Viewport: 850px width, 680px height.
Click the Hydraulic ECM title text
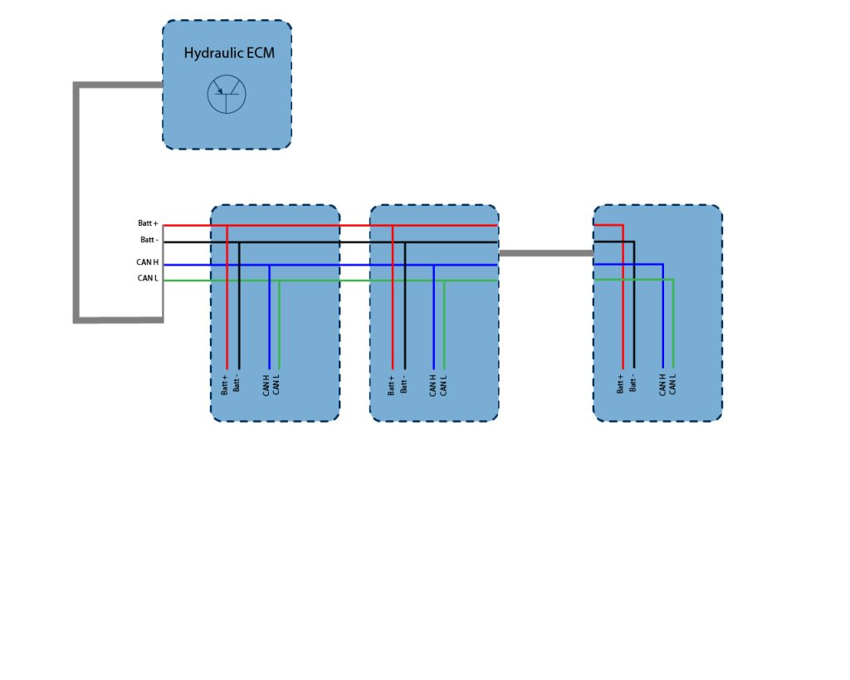[229, 53]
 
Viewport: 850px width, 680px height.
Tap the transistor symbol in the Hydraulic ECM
[227, 95]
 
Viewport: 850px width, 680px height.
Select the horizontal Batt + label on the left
[148, 223]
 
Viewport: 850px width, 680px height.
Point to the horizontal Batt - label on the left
[149, 240]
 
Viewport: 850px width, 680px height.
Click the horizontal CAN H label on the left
[148, 262]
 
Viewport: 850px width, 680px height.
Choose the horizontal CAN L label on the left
[148, 278]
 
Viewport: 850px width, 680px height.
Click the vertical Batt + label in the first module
[224, 384]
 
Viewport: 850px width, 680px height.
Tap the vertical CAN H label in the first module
[266, 385]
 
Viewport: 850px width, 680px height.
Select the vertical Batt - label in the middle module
[403, 384]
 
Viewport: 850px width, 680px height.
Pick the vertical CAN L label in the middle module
[443, 385]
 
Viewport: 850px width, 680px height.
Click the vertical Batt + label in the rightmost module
[619, 384]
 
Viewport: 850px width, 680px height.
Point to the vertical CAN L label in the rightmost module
[672, 384]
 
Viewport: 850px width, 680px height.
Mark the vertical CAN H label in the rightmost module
[662, 384]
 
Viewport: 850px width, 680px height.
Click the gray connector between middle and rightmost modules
[546, 253]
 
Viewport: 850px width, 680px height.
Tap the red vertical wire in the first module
[227, 297]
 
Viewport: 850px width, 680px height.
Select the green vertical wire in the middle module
[444, 325]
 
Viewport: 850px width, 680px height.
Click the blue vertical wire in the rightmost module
[662, 316]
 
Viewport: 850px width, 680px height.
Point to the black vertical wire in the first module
[239, 306]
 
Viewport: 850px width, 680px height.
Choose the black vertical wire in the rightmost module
[633, 305]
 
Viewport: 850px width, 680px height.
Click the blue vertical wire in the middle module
[433, 317]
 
